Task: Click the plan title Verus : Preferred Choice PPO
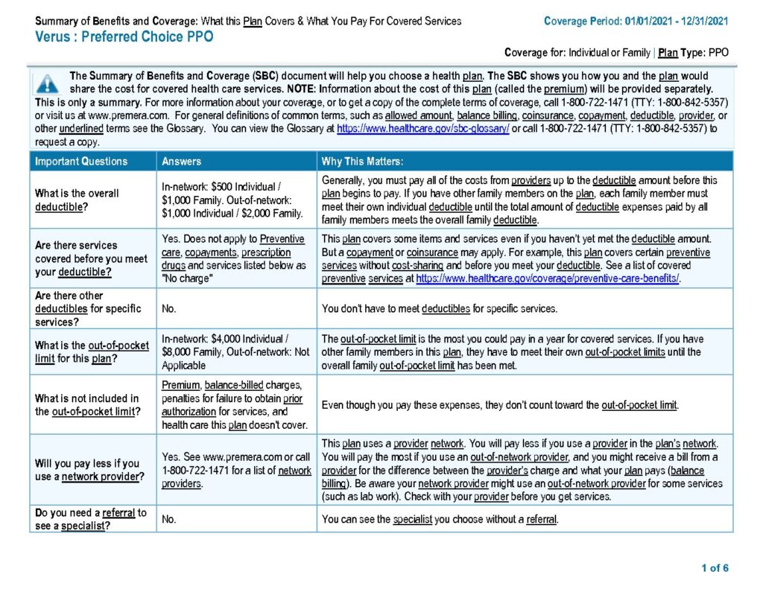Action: pos(124,36)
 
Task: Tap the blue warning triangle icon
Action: pos(48,84)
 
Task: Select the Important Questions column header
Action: pos(81,161)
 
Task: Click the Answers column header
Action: pos(182,161)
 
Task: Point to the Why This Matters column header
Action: pos(362,161)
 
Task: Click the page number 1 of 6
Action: pos(715,568)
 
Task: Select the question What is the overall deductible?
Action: pos(77,200)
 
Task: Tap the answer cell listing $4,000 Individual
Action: pos(235,352)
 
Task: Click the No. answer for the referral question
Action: pos(169,519)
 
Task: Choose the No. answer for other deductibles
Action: pos(169,308)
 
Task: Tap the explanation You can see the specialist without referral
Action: pos(440,519)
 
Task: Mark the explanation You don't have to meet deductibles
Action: pos(439,308)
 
